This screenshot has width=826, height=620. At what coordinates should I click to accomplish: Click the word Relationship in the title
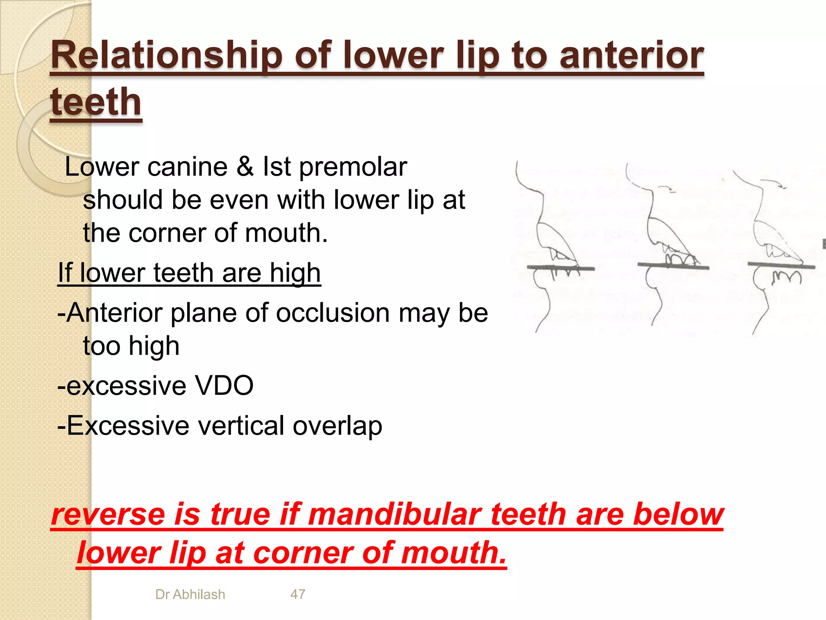coord(166,57)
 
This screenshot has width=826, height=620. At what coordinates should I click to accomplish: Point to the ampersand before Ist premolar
coord(245,167)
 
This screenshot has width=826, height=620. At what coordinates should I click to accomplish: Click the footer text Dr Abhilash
coord(190,595)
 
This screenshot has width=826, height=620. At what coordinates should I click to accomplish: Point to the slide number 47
coord(298,595)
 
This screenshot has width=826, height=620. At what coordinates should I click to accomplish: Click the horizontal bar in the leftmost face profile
coord(561,268)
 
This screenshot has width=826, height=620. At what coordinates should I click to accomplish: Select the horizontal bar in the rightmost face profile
coord(781,265)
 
